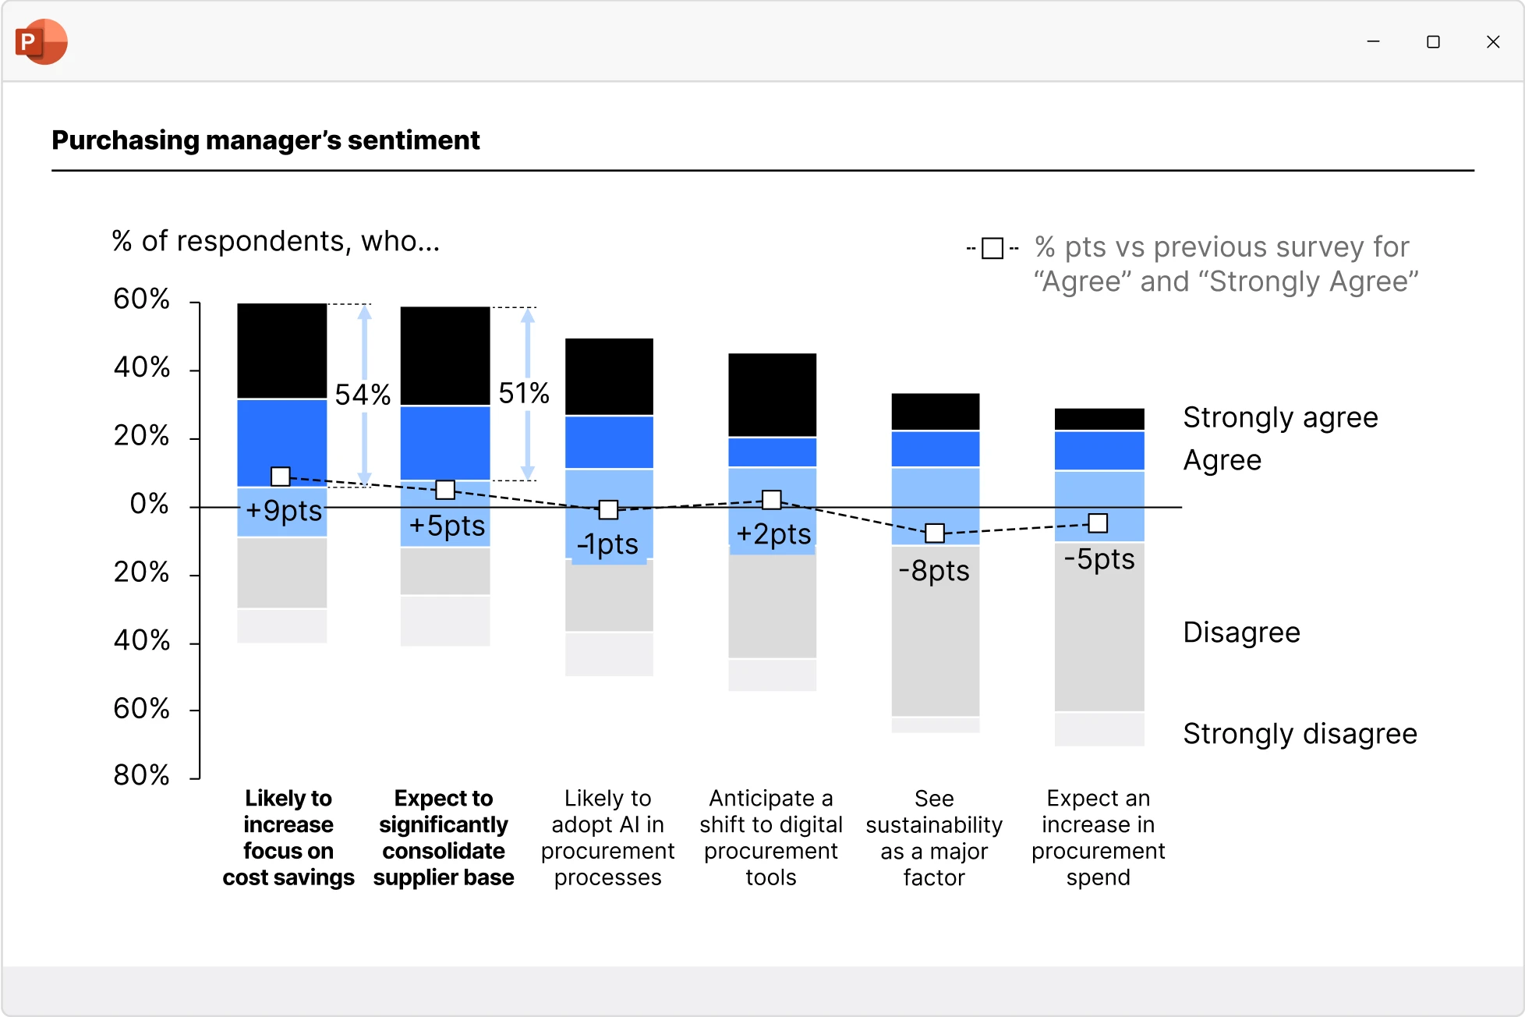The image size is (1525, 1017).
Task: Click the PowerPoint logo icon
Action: pos(41,41)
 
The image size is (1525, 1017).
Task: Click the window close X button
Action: pos(1492,42)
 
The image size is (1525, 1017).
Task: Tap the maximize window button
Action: pos(1433,42)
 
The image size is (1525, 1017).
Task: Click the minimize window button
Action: pos(1373,42)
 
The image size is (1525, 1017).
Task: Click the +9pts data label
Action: pos(284,511)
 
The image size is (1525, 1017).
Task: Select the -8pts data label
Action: pos(934,571)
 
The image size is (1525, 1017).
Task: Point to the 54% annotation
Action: pos(363,395)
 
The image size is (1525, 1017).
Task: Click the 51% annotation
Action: pos(524,393)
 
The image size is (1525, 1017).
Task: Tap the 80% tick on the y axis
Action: pos(141,775)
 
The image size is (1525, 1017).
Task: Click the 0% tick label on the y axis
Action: pos(149,504)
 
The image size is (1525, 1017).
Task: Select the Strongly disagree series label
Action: pos(1300,734)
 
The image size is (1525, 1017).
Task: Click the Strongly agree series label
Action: pos(1280,417)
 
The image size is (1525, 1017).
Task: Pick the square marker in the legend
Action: pos(992,249)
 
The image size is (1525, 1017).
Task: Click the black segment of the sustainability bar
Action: pos(936,411)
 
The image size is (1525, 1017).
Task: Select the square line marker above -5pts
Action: pos(1098,523)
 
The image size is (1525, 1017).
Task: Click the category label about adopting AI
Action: pos(608,838)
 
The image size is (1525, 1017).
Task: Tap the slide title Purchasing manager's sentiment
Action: pos(266,140)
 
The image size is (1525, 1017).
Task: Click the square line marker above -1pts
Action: pos(608,510)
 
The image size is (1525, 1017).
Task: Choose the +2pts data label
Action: pos(773,534)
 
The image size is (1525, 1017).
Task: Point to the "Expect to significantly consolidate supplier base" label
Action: pos(444,838)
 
